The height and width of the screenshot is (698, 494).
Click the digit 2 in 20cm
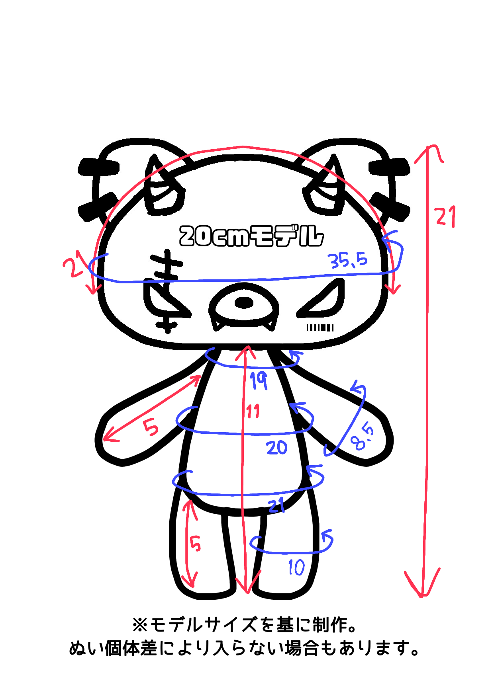click(x=188, y=236)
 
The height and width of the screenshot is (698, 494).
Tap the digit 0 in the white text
click(x=204, y=236)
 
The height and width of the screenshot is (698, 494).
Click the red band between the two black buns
click(x=244, y=129)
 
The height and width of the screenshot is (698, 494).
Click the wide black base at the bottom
click(x=243, y=653)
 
